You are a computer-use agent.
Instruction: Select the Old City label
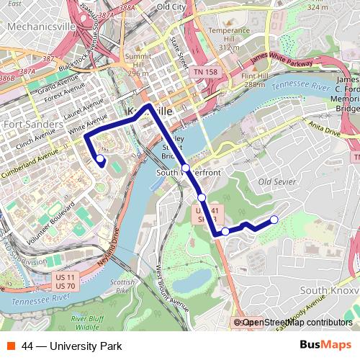point(171,6)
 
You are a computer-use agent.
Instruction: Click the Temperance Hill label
point(229,35)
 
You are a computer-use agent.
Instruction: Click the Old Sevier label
point(277,181)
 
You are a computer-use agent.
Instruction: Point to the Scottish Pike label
point(124,287)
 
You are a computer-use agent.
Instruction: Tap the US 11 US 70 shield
point(66,281)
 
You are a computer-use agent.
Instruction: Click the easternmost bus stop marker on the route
point(274,220)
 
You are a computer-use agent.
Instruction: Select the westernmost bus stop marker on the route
point(99,159)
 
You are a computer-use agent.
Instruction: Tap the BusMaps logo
point(326,346)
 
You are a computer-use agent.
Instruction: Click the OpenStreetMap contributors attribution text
point(295,323)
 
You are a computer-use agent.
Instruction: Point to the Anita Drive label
point(323,128)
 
